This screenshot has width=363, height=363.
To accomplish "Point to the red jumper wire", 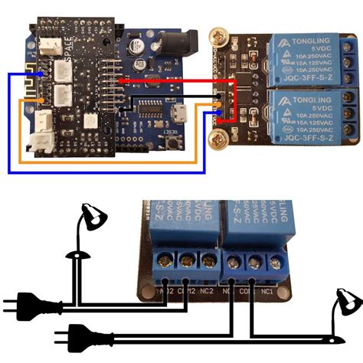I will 176,79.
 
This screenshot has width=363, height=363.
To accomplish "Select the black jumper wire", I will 168,98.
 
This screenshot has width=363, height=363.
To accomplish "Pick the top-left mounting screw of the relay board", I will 215,34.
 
